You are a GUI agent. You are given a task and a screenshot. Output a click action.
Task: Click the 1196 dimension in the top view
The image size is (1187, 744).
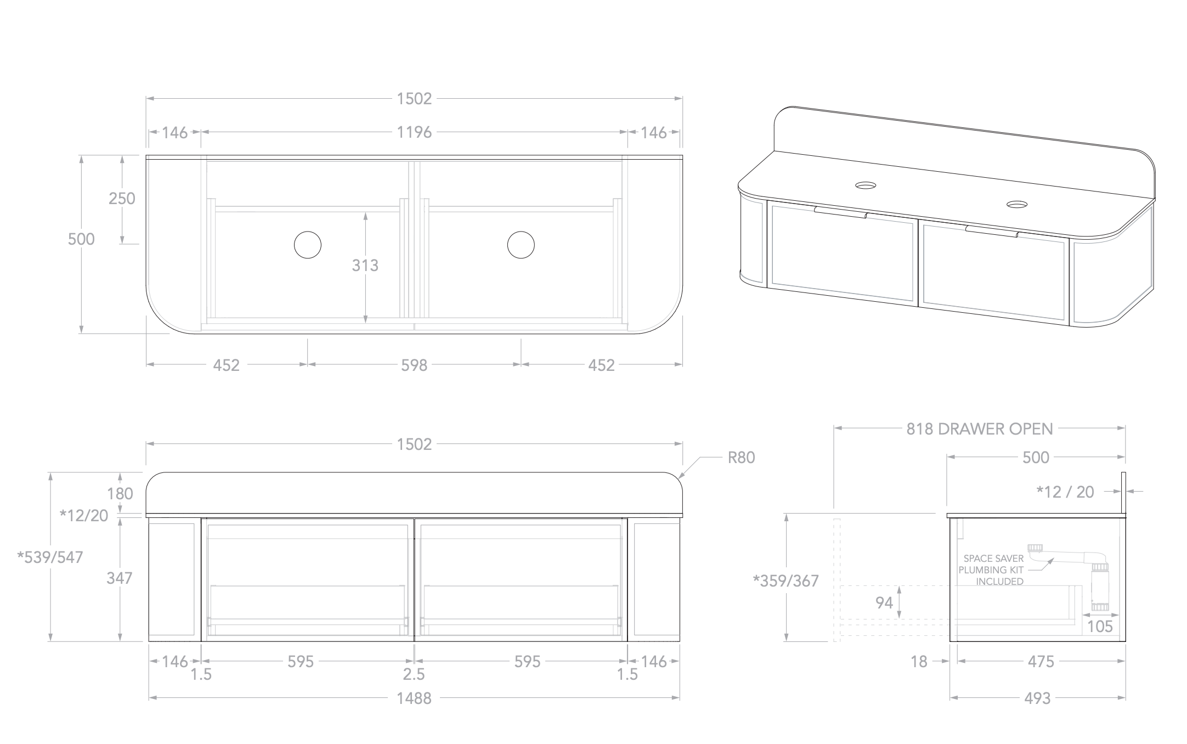[414, 132]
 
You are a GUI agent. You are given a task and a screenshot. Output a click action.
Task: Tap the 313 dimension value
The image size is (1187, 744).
[365, 266]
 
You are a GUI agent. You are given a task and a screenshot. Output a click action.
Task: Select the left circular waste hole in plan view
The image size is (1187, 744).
[307, 245]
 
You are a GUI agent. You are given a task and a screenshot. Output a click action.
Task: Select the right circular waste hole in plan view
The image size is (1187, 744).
[521, 245]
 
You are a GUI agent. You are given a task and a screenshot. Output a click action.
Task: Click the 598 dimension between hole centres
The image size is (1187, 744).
[414, 365]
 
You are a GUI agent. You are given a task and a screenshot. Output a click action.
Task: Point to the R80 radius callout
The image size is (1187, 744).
[741, 458]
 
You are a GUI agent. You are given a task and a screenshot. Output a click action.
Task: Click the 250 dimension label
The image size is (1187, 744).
[121, 199]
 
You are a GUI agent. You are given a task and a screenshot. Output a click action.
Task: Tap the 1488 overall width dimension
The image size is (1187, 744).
[414, 698]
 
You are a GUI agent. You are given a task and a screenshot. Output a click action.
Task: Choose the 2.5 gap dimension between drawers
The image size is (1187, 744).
[414, 674]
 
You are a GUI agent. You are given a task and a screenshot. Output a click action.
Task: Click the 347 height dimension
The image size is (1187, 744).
[119, 578]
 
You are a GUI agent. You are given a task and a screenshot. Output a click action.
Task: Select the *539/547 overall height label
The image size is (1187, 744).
[50, 557]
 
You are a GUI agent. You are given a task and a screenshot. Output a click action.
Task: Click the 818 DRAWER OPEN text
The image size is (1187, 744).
[980, 429]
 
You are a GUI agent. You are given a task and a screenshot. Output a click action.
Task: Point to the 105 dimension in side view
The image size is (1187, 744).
[1100, 627]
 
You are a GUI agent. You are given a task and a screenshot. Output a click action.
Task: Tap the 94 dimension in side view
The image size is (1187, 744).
[884, 603]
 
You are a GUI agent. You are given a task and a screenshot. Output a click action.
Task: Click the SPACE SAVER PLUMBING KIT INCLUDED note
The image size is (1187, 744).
[992, 570]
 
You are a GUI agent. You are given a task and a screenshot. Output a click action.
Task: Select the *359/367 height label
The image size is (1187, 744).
[786, 580]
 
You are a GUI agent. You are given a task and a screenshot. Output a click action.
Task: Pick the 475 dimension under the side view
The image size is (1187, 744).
[1041, 662]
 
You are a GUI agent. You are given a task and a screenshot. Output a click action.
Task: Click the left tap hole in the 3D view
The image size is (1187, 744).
[866, 185]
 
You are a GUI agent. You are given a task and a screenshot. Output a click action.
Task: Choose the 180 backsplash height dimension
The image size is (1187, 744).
[120, 494]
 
